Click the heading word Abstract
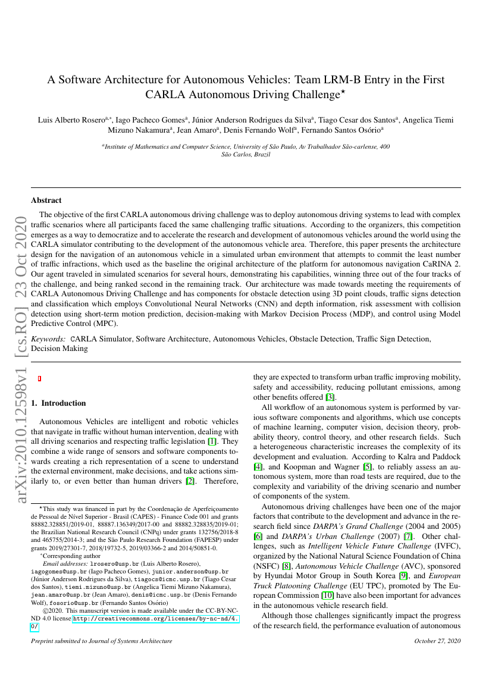click(46, 200)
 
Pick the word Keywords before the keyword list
click(49, 339)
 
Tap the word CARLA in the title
click(165, 95)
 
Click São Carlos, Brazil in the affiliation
click(246, 154)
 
